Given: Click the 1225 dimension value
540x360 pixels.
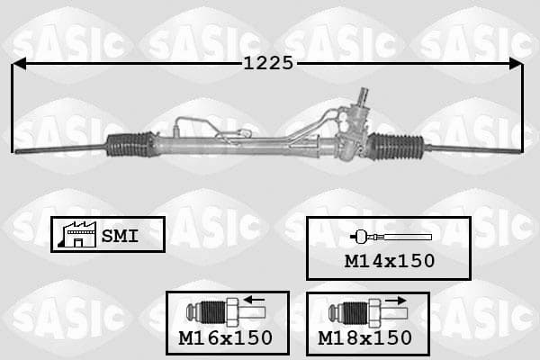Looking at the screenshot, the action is [268, 63].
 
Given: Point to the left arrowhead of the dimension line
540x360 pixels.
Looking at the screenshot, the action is [19, 64].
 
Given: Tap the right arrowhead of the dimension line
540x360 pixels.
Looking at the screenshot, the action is [516, 64].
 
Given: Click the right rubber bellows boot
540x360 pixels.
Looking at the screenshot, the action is [395, 147].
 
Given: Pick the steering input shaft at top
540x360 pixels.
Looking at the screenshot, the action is [363, 95].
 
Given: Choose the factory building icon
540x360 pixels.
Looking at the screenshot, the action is [76, 234].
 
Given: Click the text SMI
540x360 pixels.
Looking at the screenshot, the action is [120, 236].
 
